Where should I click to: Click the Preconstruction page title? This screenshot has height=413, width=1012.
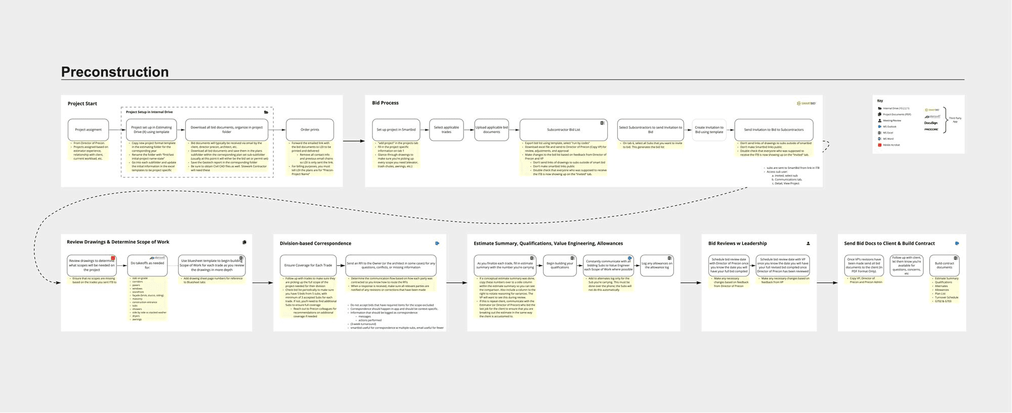point(115,72)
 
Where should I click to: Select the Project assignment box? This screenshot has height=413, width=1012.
point(89,130)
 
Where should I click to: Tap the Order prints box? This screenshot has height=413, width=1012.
point(310,130)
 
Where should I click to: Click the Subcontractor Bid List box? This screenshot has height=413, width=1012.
point(563,130)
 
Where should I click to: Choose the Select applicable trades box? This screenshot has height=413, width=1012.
point(446,130)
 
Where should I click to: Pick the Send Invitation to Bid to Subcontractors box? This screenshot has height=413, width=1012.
point(774,130)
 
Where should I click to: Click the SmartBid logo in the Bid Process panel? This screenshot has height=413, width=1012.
point(806,103)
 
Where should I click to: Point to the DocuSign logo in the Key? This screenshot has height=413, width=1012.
point(931,123)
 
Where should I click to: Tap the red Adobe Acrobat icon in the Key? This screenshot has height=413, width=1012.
point(879,145)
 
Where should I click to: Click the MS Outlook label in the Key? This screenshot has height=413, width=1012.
point(890,127)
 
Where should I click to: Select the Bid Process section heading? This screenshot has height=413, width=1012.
point(385,103)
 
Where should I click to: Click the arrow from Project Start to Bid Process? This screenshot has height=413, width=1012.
point(354,141)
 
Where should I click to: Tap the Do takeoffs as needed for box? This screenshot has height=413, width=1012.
point(147,265)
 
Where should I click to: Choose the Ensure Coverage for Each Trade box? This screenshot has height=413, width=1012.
point(308,265)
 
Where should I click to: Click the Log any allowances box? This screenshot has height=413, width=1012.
point(657,265)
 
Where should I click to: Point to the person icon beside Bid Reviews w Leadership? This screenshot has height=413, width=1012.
point(808,244)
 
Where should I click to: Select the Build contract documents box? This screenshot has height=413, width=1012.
point(944,265)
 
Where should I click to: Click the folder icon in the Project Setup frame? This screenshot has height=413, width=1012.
point(266,112)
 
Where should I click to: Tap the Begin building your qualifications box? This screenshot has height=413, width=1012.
point(560,265)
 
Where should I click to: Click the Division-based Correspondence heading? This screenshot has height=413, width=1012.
point(315,244)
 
